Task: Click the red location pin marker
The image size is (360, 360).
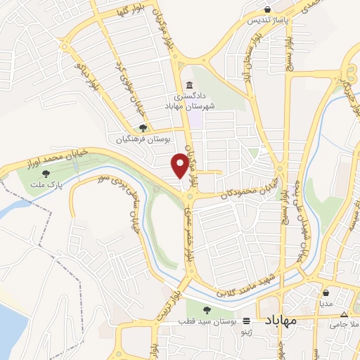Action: click(x=181, y=165)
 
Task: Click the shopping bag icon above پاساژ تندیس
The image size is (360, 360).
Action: click(x=268, y=9)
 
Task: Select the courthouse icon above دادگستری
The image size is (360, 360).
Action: click(x=188, y=85)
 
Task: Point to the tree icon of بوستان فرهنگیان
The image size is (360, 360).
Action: click(x=143, y=129)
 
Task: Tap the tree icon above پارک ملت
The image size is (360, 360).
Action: click(x=46, y=173)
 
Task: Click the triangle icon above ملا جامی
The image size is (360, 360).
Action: click(x=344, y=314)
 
